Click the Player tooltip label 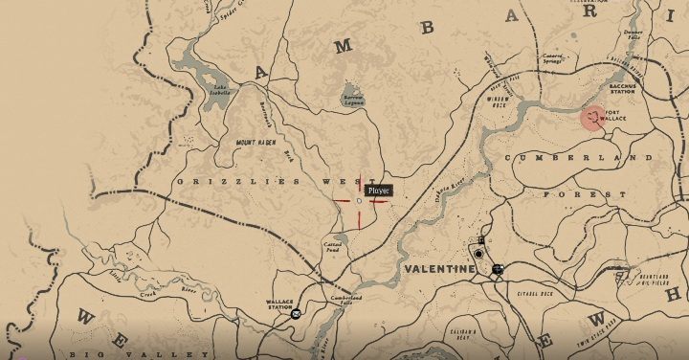point(379,191)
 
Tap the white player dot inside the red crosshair point(359,201)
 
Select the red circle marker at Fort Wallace point(594,118)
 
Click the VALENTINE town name point(439,270)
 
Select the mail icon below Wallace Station point(296,314)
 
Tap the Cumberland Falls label point(344,300)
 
